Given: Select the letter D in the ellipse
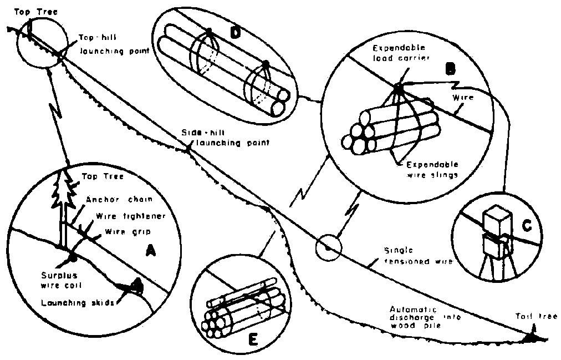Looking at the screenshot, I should tap(234, 33).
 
